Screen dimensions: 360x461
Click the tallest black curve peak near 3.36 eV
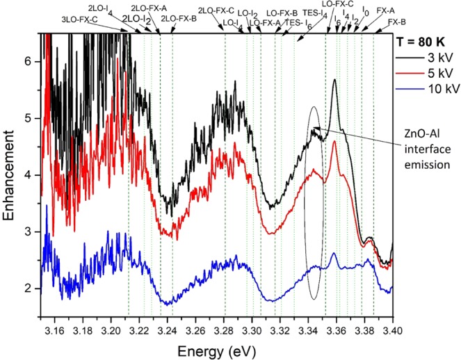click(335, 80)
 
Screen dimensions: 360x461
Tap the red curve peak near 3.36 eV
click(335, 142)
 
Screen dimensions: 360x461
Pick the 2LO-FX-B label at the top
click(179, 19)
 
